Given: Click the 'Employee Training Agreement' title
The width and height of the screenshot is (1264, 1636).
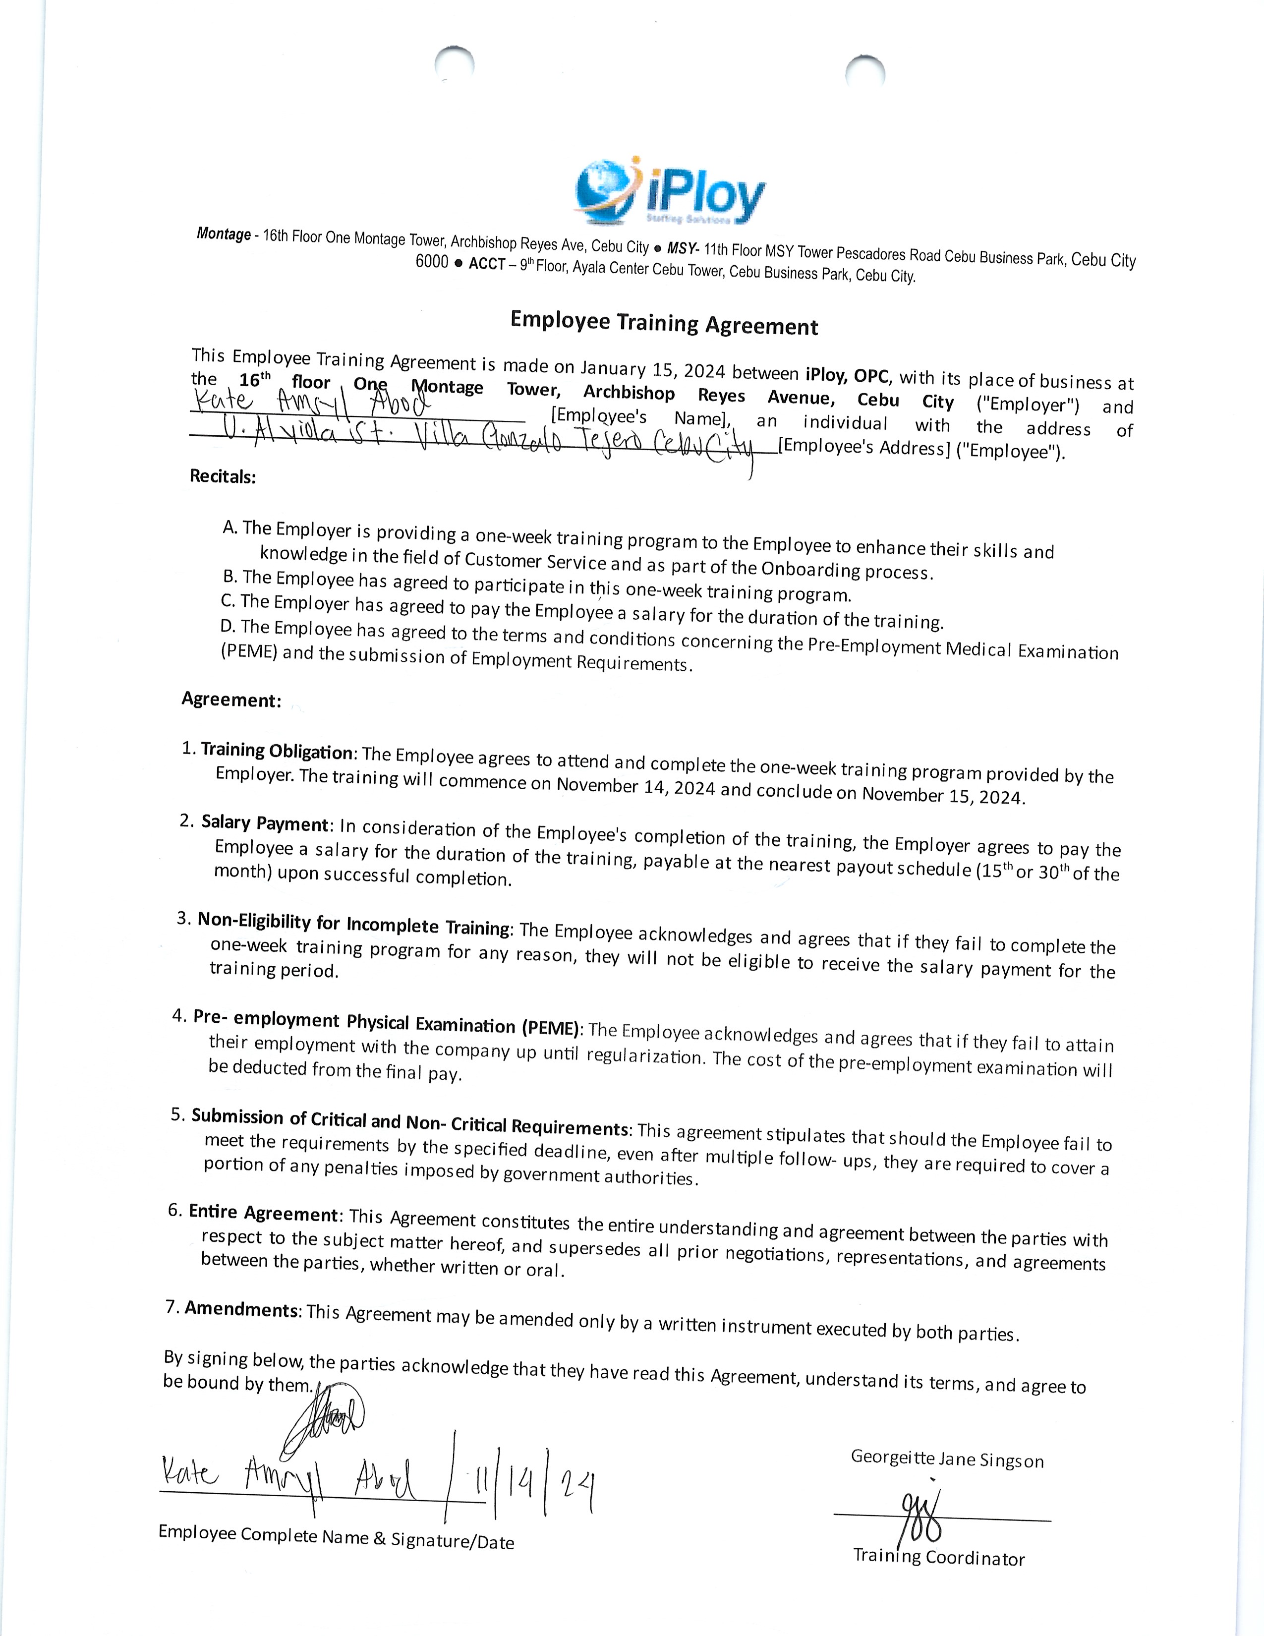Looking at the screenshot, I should coord(664,323).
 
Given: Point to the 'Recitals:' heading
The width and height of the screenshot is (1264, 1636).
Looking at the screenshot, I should coord(223,476).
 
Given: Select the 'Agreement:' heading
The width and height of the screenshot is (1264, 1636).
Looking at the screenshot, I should coord(231,700).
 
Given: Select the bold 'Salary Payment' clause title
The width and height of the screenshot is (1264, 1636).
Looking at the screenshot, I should coord(265,823).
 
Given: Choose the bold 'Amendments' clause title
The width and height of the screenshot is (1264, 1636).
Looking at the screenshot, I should coord(241,1309).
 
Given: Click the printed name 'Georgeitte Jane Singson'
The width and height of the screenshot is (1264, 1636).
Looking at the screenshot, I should coord(946,1459).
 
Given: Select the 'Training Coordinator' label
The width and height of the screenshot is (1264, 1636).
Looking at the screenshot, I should coord(939,1557).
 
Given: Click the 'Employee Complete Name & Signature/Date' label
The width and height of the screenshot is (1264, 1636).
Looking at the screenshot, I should coord(336,1538).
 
